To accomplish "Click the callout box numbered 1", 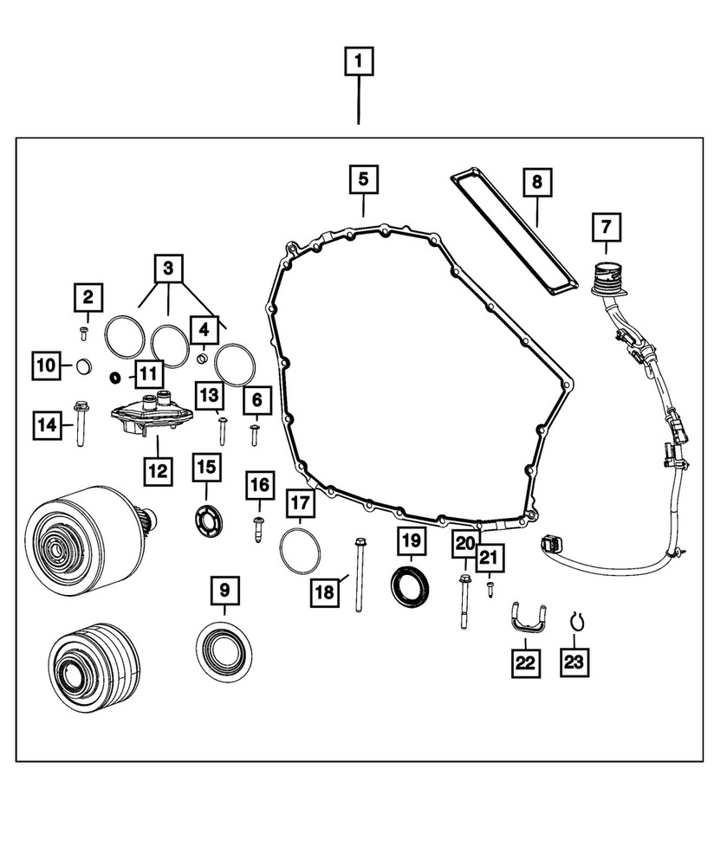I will pyautogui.click(x=359, y=63).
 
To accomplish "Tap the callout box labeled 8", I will pyautogui.click(x=536, y=182).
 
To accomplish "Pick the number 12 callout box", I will pyautogui.click(x=158, y=471).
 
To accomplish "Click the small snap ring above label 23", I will pyautogui.click(x=575, y=620).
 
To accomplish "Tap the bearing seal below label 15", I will pyautogui.click(x=208, y=523).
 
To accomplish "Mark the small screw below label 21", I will pyautogui.click(x=490, y=587).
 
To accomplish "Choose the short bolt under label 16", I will pyautogui.click(x=258, y=527).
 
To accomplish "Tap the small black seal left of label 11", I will pyautogui.click(x=113, y=378).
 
